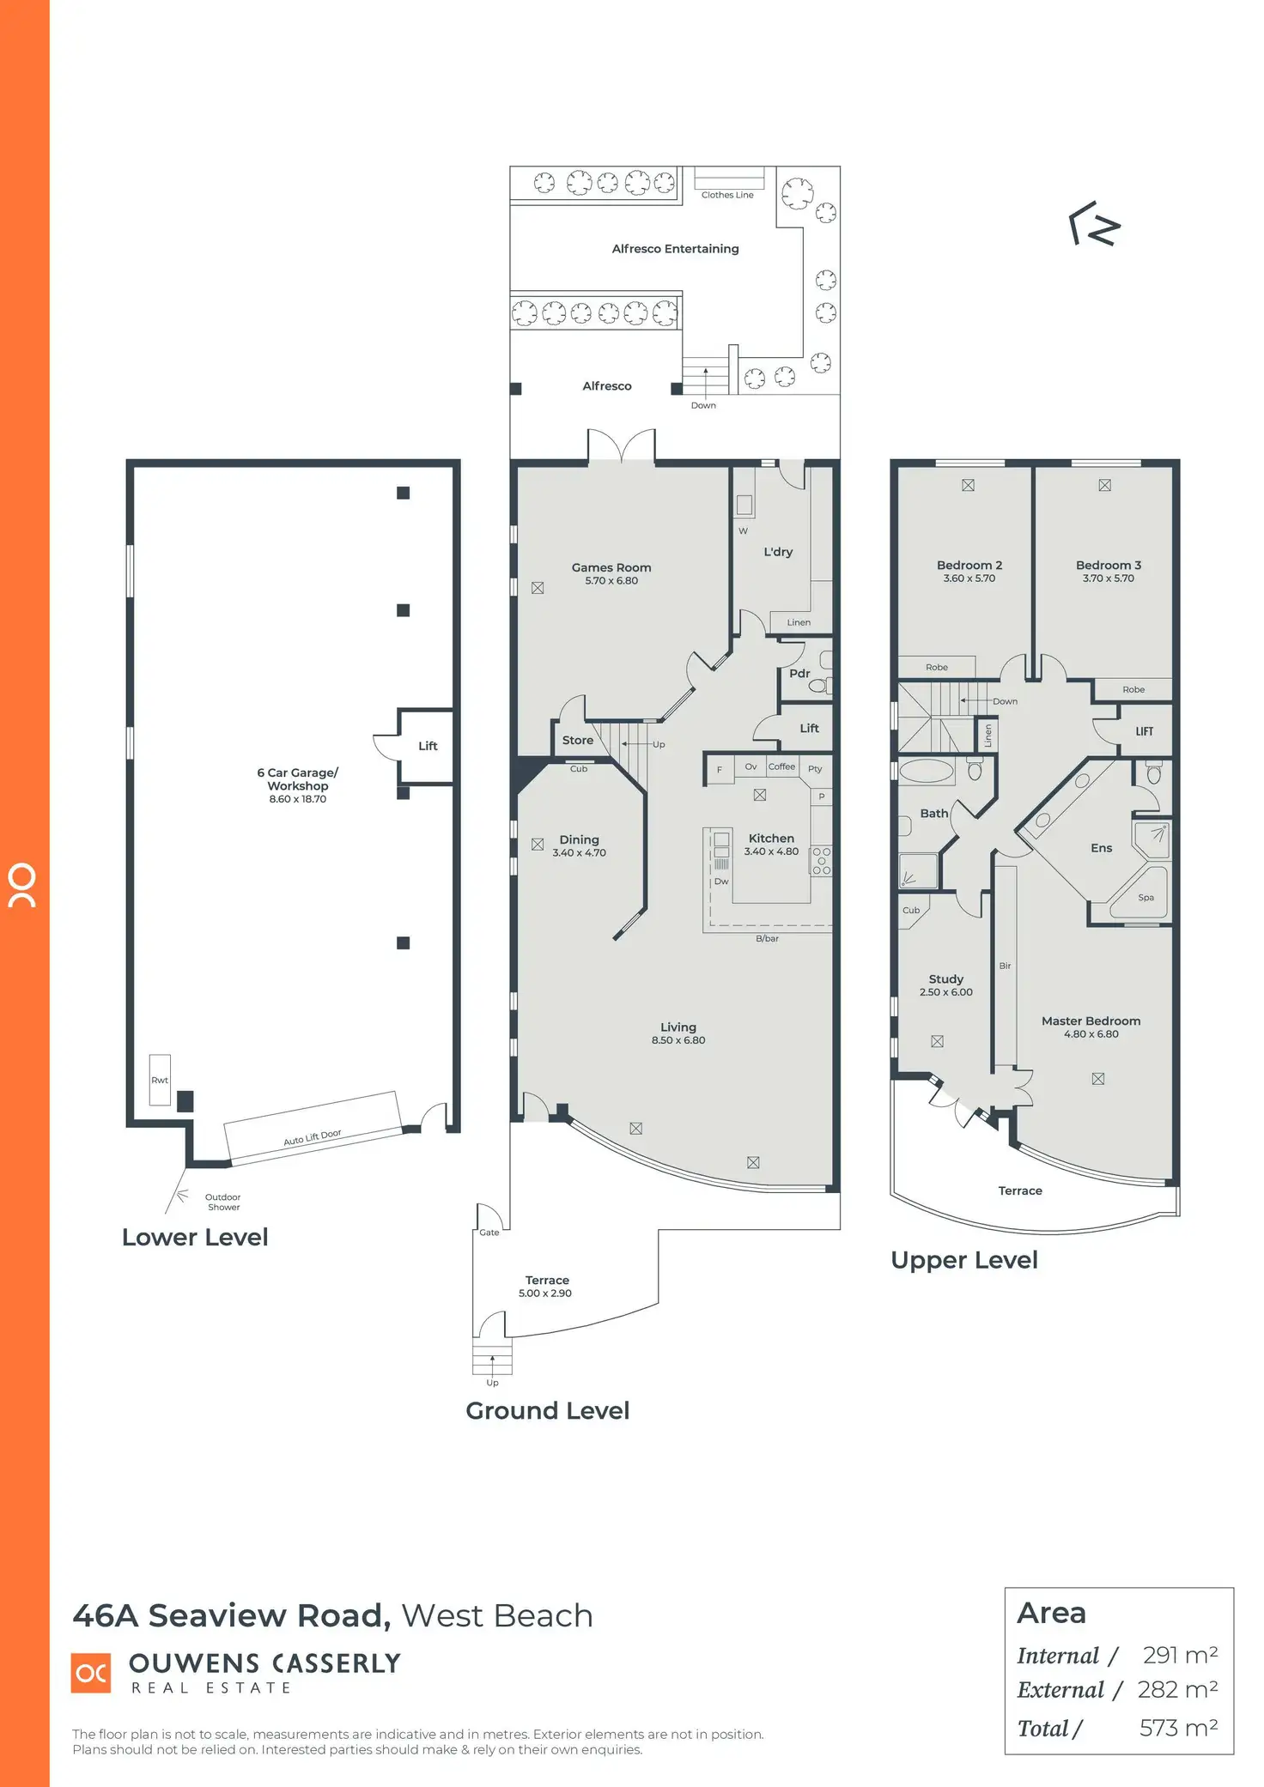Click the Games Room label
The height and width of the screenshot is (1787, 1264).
[611, 567]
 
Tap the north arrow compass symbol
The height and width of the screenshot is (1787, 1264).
[1095, 224]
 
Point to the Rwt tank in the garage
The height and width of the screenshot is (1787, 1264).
[160, 1079]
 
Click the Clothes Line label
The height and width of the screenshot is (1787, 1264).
[727, 195]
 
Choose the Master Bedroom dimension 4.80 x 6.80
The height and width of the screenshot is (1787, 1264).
[1091, 1034]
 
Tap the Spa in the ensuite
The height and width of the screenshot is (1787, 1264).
[1145, 896]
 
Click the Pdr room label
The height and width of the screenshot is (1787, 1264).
[799, 674]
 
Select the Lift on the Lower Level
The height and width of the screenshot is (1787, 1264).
[428, 746]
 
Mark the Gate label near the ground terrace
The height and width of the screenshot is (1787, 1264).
[489, 1233]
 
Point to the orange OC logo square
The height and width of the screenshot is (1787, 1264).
[91, 1673]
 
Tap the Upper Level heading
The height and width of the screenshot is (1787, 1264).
[964, 1260]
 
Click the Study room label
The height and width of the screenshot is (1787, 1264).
[946, 978]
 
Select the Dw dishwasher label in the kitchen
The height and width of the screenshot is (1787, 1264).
[721, 881]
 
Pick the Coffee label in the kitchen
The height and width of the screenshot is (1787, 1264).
[781, 766]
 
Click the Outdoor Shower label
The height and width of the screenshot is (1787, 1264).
[223, 1202]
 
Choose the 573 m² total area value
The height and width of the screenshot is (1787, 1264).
[1178, 1728]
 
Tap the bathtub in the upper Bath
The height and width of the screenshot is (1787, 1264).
[927, 770]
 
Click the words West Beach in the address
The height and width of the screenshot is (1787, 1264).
[497, 1616]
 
